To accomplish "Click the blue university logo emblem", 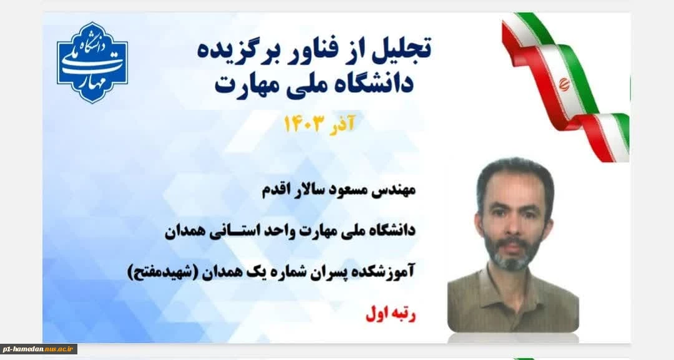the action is click(x=92, y=63).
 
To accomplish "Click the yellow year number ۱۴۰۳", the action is click(x=303, y=124).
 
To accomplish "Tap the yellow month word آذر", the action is click(x=342, y=124).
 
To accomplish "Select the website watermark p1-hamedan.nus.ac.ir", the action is click(x=38, y=349).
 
